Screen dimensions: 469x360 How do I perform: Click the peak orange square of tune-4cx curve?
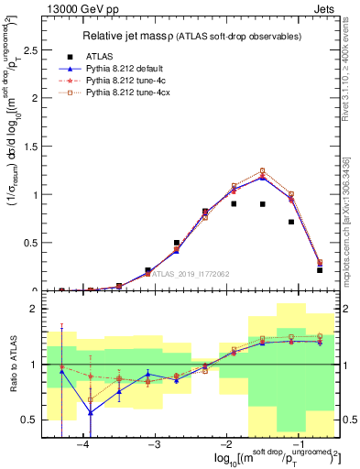pyautogui.click(x=262, y=170)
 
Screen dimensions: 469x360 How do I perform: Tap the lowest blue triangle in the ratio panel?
pyautogui.click(x=91, y=412)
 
